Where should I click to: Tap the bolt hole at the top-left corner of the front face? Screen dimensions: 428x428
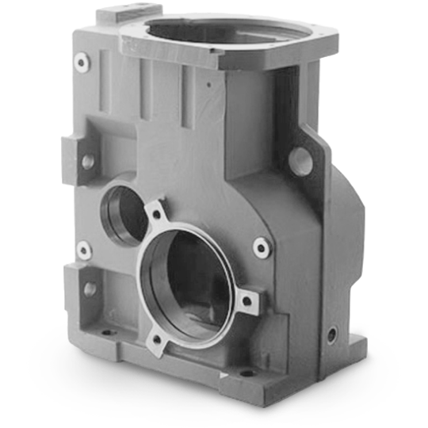[81, 61]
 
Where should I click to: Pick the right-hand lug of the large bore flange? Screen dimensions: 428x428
[249, 300]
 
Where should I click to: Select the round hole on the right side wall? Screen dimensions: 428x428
[302, 159]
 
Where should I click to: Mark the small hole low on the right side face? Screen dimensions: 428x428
[331, 331]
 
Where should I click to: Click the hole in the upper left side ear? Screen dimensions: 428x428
[87, 161]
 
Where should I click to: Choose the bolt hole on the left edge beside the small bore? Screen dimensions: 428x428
[84, 251]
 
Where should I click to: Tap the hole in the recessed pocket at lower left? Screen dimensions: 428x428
[90, 289]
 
